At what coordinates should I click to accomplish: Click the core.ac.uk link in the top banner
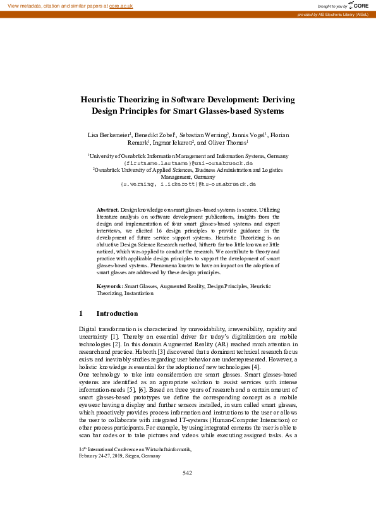click(x=121, y=5)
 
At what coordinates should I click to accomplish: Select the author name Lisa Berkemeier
click(x=109, y=135)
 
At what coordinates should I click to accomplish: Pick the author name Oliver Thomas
click(x=229, y=143)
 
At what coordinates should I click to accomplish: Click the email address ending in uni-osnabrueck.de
click(x=188, y=162)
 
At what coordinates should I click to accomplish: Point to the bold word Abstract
click(x=107, y=209)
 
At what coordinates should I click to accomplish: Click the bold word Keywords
click(x=109, y=287)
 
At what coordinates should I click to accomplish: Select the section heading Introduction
click(x=117, y=313)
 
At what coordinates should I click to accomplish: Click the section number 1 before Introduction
click(x=81, y=313)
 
